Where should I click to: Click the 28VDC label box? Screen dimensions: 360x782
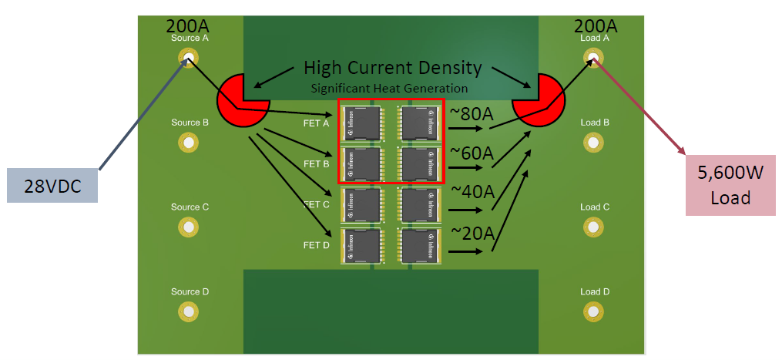click(x=52, y=186)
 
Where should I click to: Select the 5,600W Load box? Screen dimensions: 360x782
click(x=730, y=185)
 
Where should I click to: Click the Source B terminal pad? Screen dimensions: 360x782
click(x=187, y=142)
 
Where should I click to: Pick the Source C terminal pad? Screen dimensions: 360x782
click(x=187, y=227)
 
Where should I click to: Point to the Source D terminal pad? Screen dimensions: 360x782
click(x=187, y=311)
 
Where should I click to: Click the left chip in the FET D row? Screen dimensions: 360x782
click(x=362, y=246)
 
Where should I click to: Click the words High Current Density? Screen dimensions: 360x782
click(x=392, y=68)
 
